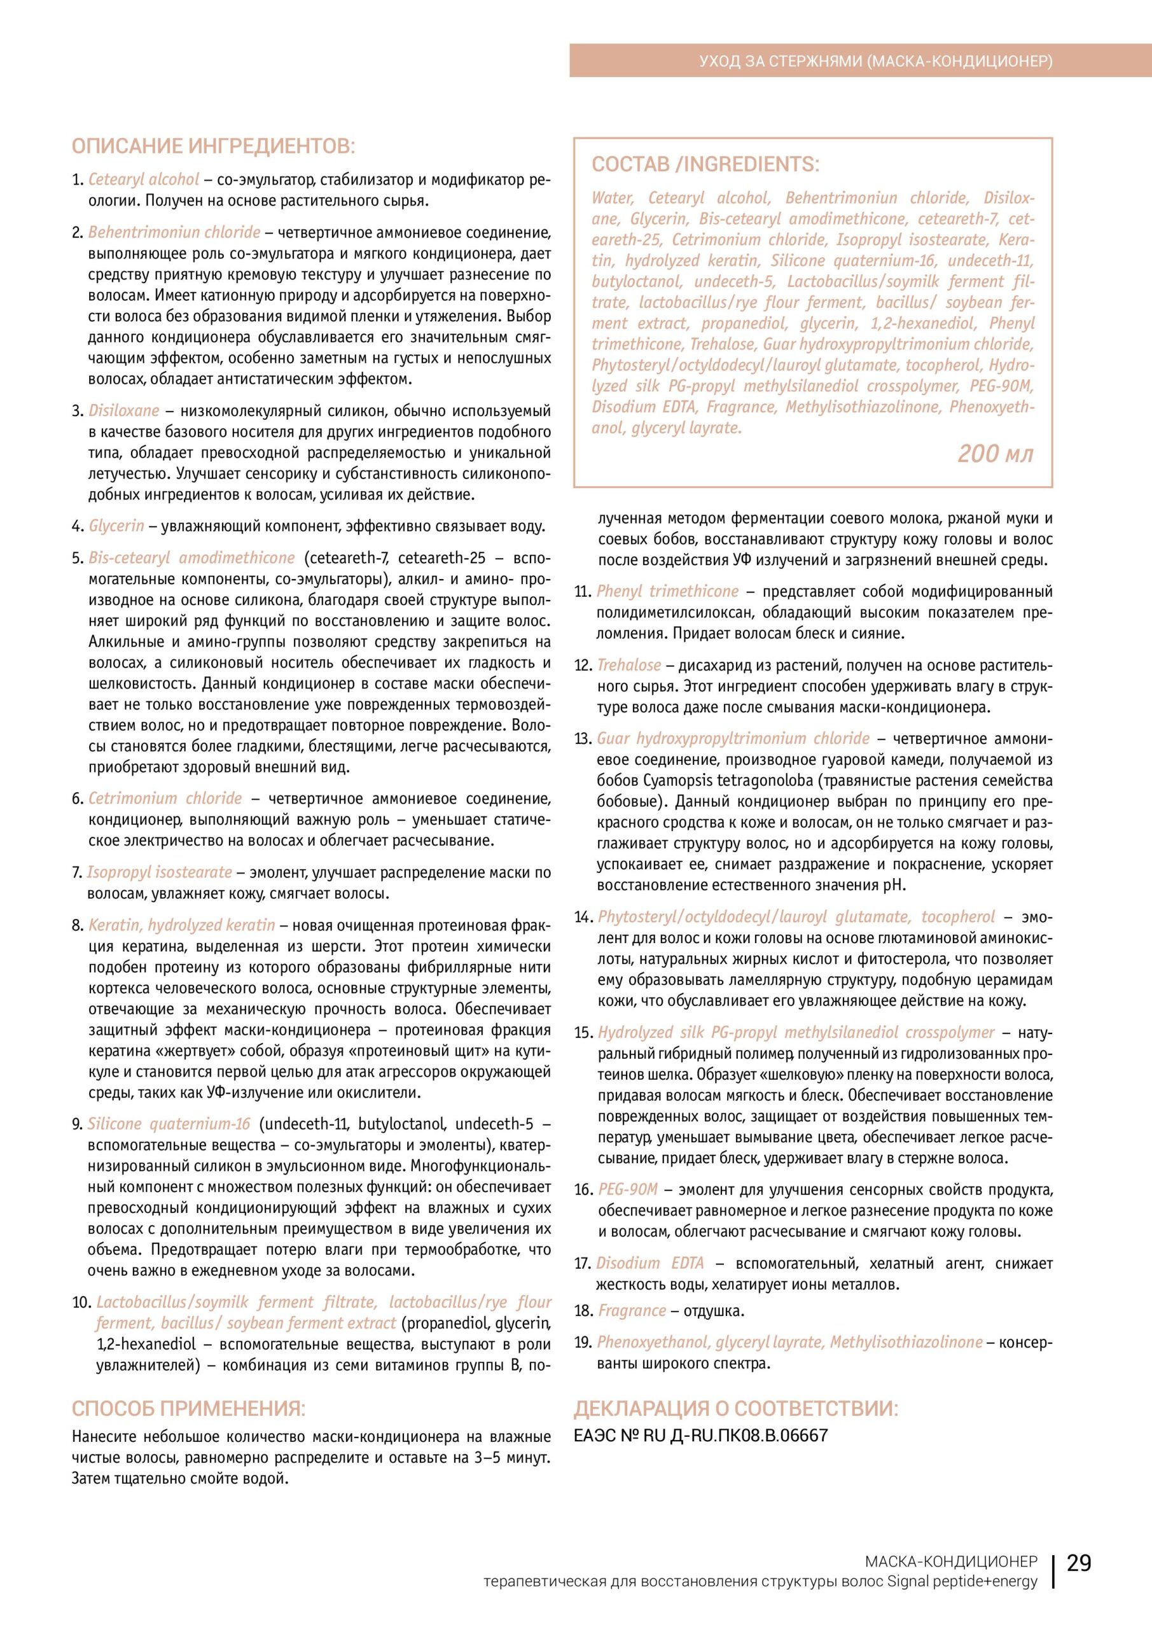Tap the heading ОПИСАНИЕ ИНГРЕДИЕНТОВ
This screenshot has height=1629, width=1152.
[213, 147]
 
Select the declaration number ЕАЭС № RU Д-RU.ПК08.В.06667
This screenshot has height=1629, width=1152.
[700, 1434]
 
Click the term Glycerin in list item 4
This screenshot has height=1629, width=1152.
[116, 526]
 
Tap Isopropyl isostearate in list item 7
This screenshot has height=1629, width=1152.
[160, 872]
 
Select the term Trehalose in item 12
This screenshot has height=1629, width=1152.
[628, 665]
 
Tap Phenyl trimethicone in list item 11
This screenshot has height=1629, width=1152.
[667, 591]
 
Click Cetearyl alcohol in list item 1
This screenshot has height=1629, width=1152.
[144, 179]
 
